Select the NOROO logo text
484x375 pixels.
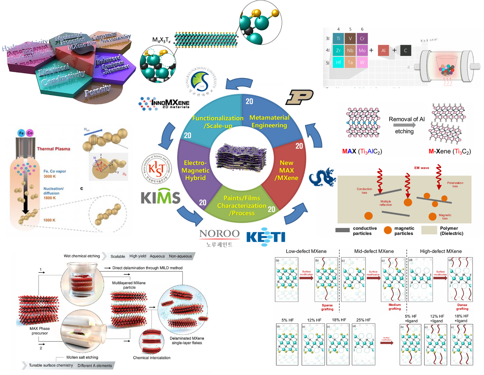point(219,234)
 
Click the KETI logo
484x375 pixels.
point(266,237)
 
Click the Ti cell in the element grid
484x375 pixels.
point(338,39)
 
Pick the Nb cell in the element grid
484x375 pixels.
point(350,51)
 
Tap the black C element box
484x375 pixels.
point(406,51)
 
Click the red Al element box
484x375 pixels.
point(383,51)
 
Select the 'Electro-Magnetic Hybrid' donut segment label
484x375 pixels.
point(195,170)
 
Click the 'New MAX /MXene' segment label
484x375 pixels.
point(287,170)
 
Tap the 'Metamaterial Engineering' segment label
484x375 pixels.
point(269,121)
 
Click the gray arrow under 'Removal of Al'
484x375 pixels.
point(404,125)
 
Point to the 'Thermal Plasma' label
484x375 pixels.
point(54,149)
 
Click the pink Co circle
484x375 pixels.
point(30,133)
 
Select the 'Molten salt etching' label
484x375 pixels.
point(82,357)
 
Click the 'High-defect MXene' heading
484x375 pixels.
point(441,251)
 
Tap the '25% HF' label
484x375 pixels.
point(363,320)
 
